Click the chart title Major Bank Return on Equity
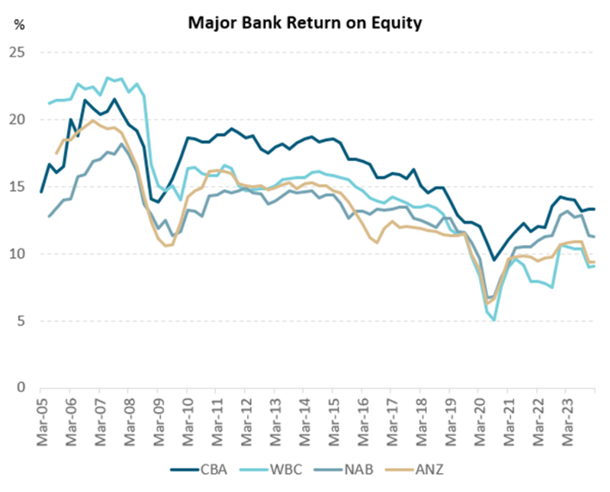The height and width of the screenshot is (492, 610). coord(305,24)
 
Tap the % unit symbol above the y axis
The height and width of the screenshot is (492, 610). coord(19,24)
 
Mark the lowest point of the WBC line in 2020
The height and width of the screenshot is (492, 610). coord(495,320)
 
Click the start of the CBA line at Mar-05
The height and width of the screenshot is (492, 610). coord(40,191)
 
